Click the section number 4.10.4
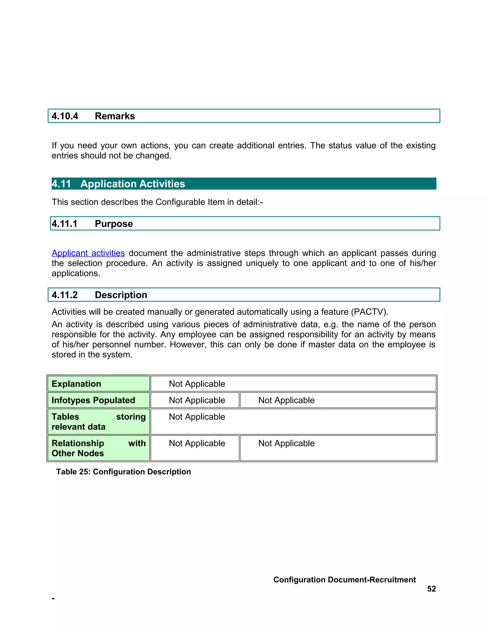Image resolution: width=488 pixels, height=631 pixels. click(65, 116)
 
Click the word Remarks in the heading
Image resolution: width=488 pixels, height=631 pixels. click(115, 116)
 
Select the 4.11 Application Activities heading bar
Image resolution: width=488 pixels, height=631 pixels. click(244, 184)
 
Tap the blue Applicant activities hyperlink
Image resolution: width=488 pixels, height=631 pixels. click(88, 253)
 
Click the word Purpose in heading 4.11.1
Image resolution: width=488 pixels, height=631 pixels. click(114, 224)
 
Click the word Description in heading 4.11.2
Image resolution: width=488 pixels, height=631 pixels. click(121, 295)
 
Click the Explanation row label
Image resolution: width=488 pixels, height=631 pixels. click(76, 384)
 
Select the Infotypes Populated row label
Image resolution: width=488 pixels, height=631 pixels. click(93, 401)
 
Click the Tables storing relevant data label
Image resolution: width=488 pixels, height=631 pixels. click(98, 422)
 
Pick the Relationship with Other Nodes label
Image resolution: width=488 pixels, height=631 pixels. click(98, 448)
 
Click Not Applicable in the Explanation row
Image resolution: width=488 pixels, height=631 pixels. click(197, 384)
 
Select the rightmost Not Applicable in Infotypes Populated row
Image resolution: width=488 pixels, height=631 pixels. click(286, 401)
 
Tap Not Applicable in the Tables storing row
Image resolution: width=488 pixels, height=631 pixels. click(197, 417)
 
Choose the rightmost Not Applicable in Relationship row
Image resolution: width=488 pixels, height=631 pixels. click(286, 444)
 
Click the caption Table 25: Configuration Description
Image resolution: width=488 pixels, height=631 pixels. click(123, 472)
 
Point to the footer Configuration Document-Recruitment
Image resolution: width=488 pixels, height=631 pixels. click(344, 580)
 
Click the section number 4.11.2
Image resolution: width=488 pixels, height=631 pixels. click(65, 295)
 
